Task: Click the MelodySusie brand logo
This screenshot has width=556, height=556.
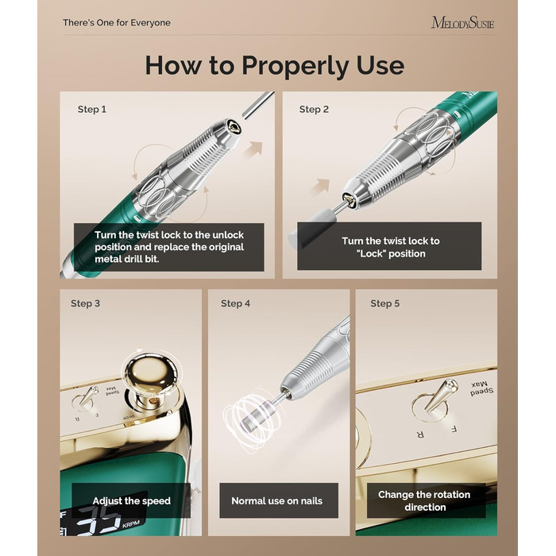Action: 462,23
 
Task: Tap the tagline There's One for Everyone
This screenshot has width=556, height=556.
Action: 117,23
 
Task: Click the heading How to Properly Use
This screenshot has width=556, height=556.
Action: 275,66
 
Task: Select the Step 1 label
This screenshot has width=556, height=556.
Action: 92,110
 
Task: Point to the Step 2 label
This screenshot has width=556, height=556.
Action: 314,110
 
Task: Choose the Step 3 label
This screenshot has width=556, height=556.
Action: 85,303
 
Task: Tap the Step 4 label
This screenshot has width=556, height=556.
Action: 235,303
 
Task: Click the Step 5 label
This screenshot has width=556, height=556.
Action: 385,303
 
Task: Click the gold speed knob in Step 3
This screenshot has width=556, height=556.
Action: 151,377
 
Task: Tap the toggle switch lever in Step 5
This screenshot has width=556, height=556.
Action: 440,396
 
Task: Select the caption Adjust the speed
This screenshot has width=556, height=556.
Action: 132,500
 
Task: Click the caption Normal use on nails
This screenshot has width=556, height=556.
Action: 277,500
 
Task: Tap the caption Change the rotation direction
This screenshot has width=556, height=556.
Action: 424,500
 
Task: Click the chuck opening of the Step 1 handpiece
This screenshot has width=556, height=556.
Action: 234,126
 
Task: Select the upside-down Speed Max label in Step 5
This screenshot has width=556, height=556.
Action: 481,389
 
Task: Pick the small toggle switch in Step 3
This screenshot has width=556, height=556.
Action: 86,398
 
